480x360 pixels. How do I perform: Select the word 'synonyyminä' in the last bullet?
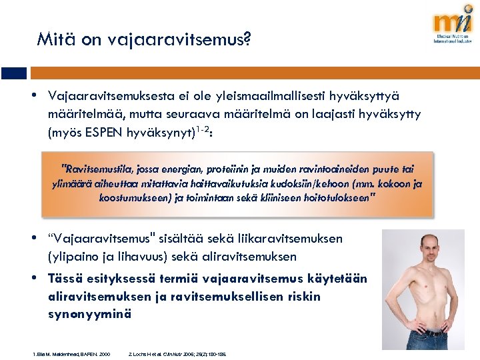point(89,312)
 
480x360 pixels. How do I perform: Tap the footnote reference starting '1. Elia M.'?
point(71,353)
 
